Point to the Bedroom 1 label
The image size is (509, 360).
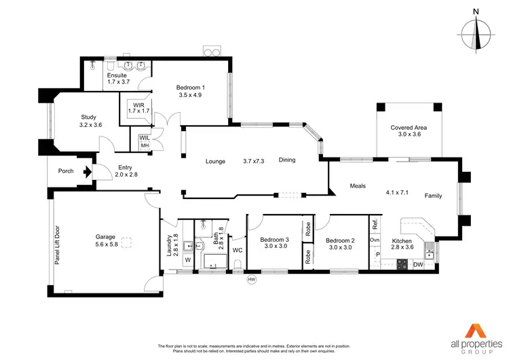point(190,91)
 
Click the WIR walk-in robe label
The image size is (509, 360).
point(138,109)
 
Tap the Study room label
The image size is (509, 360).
point(90,121)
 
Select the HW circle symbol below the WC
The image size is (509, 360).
point(252,279)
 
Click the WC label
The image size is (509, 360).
point(237,250)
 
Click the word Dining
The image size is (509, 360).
point(287,160)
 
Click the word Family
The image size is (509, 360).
point(433,196)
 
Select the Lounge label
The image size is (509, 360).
point(216,161)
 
